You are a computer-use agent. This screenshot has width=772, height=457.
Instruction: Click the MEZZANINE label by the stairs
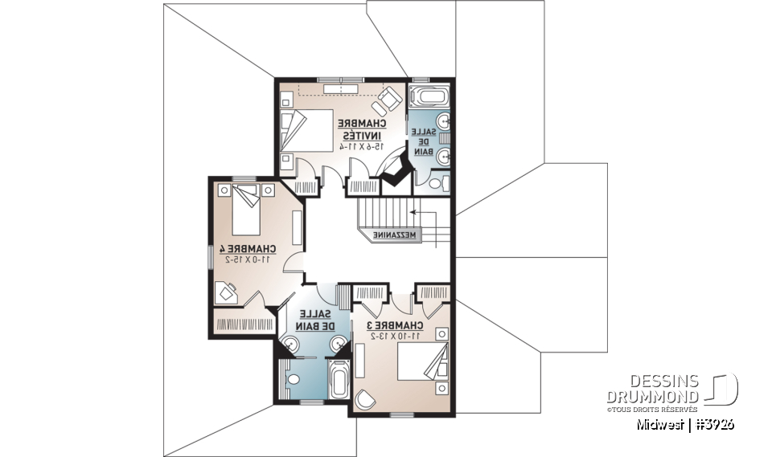click(x=396, y=235)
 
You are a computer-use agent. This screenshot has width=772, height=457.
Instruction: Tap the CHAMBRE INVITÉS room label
click(x=362, y=129)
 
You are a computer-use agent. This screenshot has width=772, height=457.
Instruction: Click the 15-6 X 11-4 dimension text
click(x=361, y=146)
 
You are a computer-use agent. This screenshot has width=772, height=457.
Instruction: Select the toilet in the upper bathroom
click(x=436, y=184)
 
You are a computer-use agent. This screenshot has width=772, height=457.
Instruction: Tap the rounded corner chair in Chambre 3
click(x=365, y=398)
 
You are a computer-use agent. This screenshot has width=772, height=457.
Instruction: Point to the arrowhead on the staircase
click(x=412, y=213)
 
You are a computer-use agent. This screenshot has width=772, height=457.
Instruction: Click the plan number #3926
click(x=714, y=425)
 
